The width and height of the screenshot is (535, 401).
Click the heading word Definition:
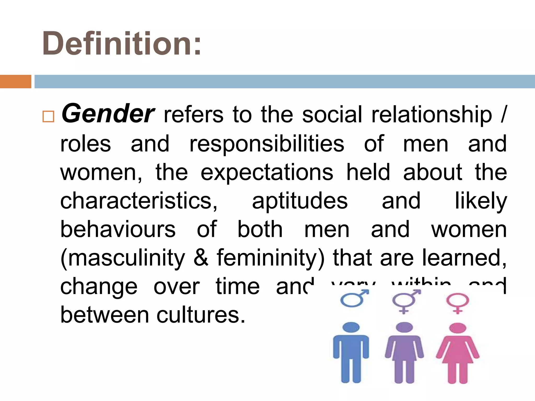pyautogui.click(x=122, y=43)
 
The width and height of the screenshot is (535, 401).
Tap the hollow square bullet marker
pyautogui.click(x=48, y=116)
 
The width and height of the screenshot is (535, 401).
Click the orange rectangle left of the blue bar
pyautogui.click(x=15, y=81)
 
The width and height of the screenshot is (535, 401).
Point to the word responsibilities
pyautogui.click(x=267, y=144)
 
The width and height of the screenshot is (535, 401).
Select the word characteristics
pyautogui.click(x=138, y=201)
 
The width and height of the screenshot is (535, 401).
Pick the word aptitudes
pyautogui.click(x=300, y=201)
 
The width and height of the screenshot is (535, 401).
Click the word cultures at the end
pyautogui.click(x=201, y=315)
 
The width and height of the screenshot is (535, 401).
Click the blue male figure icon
pyautogui.click(x=351, y=352)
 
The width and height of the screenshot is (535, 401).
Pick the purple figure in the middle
pyautogui.click(x=404, y=352)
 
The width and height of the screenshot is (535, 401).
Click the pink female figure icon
pyautogui.click(x=457, y=352)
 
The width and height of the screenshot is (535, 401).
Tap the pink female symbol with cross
pyautogui.click(x=457, y=303)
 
